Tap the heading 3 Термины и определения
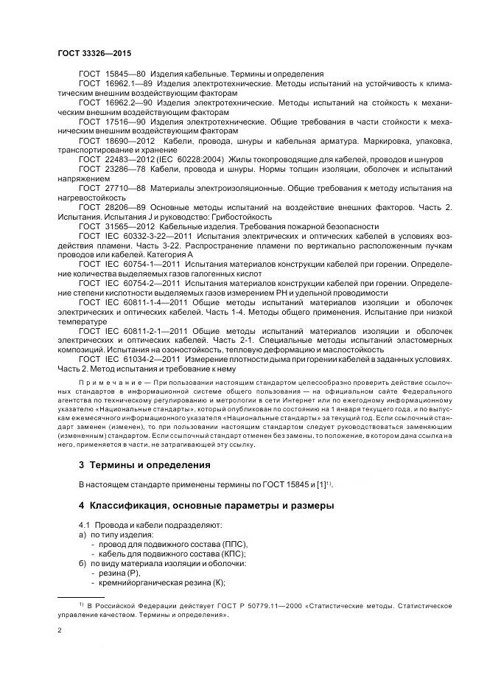[x=144, y=465]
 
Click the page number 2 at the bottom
[x=60, y=631]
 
